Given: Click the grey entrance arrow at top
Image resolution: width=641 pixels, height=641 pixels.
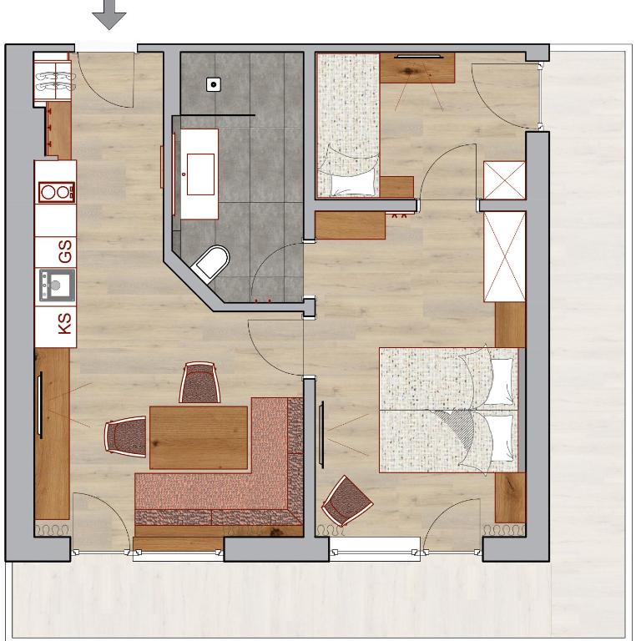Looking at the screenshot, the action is coord(109,14).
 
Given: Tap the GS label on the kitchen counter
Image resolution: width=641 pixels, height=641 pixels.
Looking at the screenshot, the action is coord(65,251).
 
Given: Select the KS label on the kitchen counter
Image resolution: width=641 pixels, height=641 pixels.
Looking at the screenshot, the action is coord(65,323).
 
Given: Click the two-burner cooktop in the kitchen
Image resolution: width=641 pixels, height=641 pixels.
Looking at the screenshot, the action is coord(57,192).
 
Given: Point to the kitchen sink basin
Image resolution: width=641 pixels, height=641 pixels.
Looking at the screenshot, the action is coord(58,285).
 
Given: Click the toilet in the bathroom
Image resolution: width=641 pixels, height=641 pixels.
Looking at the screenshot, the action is coord(210,264).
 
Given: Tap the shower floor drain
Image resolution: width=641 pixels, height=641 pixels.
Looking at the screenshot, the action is coord(214,84).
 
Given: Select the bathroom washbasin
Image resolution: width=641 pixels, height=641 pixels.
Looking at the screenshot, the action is coord(200,174).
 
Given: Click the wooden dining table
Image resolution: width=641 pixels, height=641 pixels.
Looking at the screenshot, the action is coord(199,437).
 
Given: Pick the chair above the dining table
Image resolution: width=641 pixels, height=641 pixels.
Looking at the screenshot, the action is coord(199,382).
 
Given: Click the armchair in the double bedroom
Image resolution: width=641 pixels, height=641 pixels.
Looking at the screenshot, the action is coord(347,501).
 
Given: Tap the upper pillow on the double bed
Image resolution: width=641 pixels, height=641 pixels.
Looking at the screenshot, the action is coord(501,381).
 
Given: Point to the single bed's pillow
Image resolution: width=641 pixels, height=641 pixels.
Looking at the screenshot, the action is coord(353,185).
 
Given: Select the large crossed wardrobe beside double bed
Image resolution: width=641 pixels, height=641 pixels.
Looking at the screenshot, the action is coord(504,257).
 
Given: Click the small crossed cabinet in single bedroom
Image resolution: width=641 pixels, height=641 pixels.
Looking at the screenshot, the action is coord(504,180).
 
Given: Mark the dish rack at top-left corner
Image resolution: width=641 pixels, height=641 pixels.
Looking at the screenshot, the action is coord(53,81).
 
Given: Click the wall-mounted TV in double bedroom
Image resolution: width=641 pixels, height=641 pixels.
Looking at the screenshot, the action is coord(321,435).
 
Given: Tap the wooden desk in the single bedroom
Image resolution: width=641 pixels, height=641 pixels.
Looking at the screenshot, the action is coord(417,68).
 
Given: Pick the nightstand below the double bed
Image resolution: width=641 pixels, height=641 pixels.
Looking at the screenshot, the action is coord(510,497).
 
